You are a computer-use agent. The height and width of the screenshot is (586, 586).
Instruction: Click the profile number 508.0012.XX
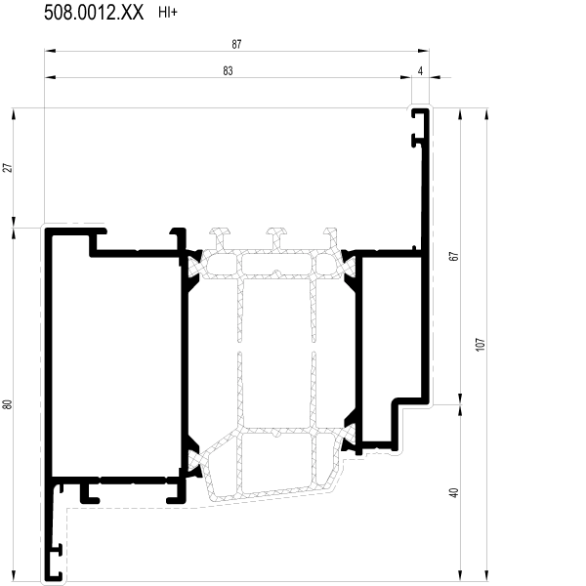(94, 13)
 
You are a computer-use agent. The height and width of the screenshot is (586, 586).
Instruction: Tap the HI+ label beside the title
(168, 13)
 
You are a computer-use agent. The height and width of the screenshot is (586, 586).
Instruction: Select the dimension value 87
(236, 45)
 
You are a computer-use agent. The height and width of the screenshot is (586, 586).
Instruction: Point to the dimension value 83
(228, 71)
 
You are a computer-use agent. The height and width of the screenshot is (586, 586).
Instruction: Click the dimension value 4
(420, 71)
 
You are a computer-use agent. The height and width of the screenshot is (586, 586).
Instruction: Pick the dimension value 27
(8, 168)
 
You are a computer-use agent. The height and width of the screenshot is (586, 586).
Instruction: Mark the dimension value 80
(8, 404)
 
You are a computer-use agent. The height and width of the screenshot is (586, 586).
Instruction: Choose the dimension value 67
(453, 256)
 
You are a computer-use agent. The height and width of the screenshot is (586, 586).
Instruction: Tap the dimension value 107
(481, 344)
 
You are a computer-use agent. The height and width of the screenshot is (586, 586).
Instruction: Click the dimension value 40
(454, 493)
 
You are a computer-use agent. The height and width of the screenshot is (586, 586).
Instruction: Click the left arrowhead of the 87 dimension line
(50, 51)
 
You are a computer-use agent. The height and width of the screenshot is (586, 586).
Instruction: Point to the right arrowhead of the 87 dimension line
(424, 51)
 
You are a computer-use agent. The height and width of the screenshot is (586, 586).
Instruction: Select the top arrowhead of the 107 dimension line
(486, 113)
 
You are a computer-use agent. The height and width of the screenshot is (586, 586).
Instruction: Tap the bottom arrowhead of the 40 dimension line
(460, 575)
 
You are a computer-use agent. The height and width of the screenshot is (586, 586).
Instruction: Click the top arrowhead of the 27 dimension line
(14, 114)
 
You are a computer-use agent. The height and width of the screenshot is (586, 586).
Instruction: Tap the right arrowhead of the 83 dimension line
(406, 77)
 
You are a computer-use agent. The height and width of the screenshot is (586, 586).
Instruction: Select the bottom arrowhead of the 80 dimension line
(14, 575)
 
